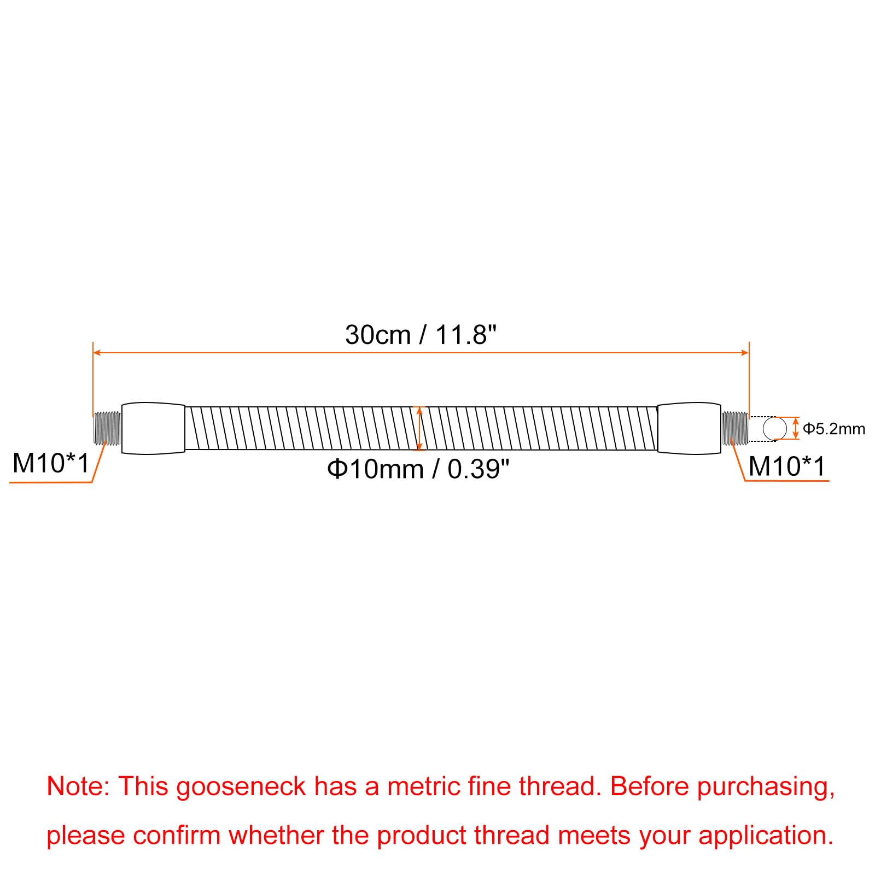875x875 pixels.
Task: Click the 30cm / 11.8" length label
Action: [421, 335]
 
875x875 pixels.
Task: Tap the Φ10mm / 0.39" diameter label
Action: [418, 469]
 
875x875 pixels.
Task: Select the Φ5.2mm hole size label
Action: [834, 429]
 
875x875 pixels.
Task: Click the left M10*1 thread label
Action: [50, 463]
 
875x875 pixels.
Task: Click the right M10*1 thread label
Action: [786, 466]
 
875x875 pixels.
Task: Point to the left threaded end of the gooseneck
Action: [107, 428]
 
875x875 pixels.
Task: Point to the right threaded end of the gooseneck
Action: [734, 428]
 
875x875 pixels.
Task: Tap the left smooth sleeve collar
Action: [153, 428]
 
